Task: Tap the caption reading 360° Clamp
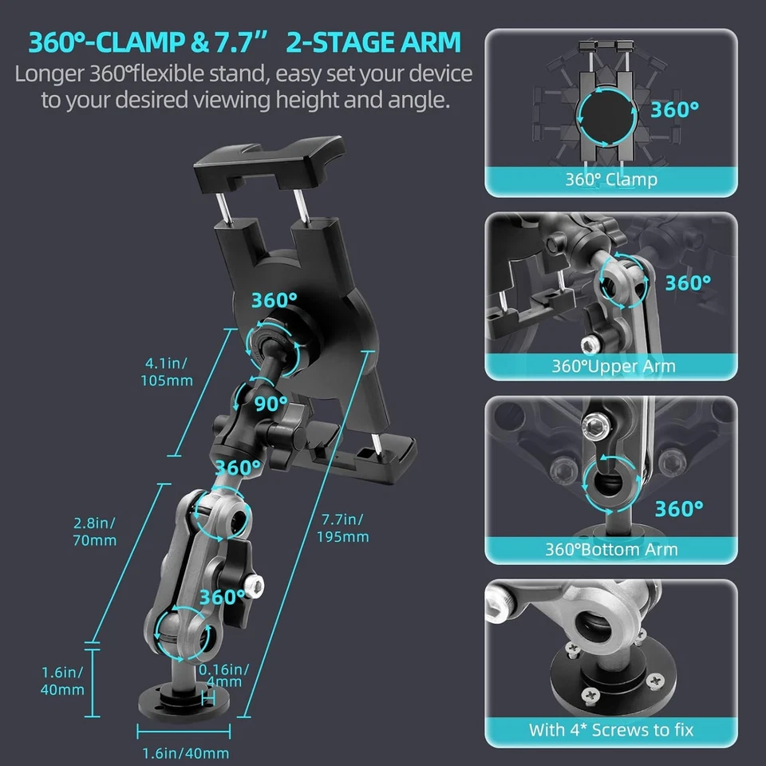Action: [611, 179]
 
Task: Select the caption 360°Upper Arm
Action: [613, 366]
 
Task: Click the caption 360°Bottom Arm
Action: [611, 549]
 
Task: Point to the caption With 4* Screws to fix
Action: [611, 729]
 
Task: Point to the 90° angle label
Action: [270, 402]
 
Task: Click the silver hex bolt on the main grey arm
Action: [254, 586]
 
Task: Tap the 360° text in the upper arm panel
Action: [687, 282]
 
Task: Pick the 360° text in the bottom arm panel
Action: [679, 507]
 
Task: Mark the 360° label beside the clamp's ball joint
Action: [274, 300]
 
